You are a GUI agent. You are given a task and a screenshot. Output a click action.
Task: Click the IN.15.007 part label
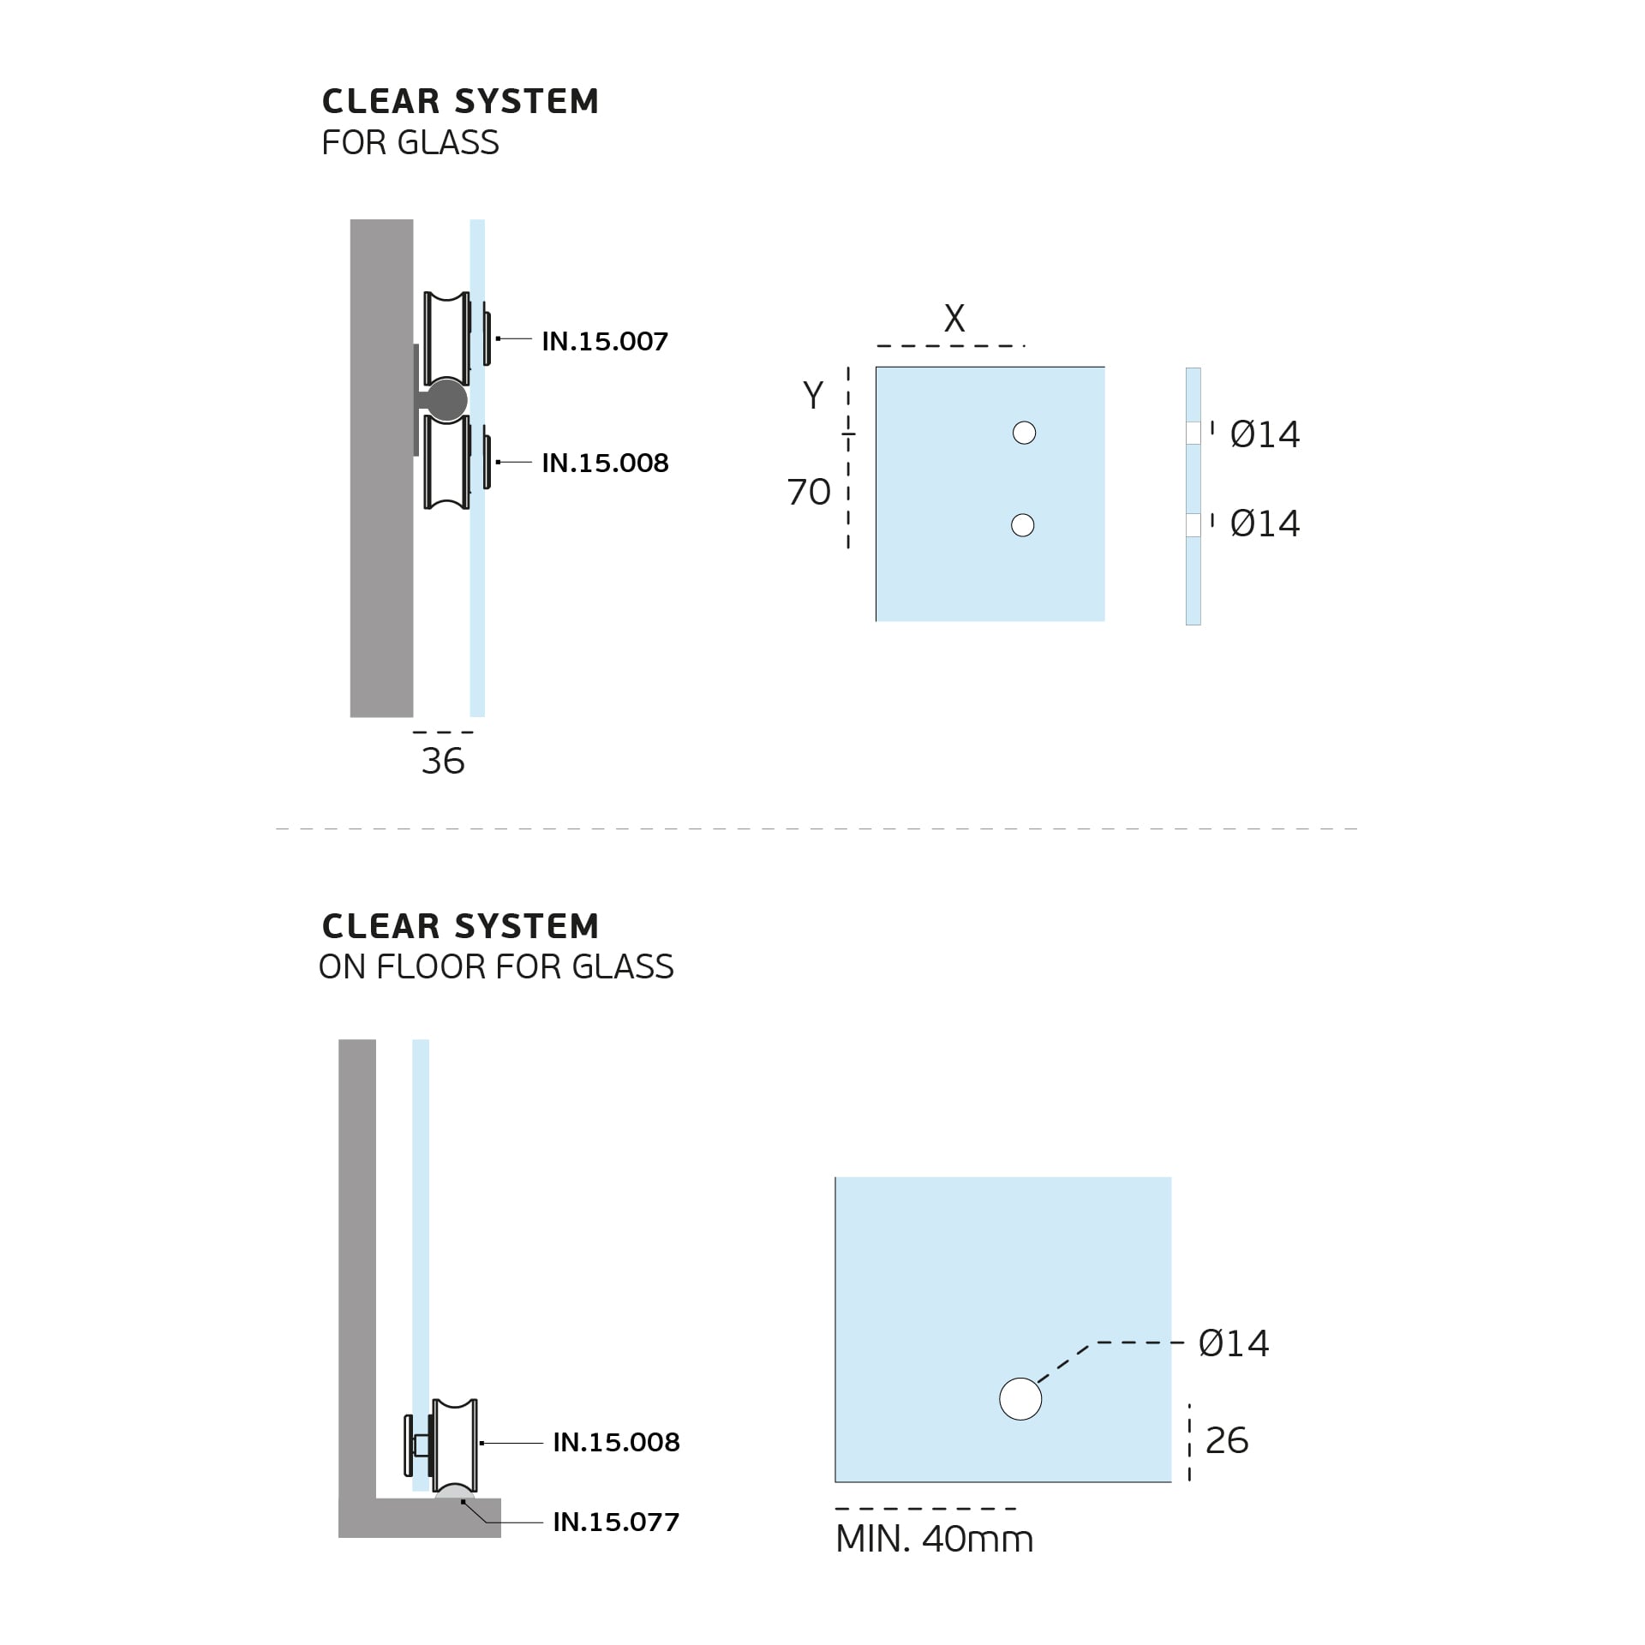(605, 342)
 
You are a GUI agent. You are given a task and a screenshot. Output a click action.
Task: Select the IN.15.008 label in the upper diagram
(605, 464)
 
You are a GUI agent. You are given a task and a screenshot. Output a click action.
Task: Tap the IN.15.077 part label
(616, 1522)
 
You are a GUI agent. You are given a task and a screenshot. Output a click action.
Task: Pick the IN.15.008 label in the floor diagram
(616, 1443)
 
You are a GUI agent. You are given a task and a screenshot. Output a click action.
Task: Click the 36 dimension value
(443, 761)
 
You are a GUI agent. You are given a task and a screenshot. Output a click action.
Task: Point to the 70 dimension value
(809, 492)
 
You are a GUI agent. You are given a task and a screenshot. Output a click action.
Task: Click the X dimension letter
(954, 319)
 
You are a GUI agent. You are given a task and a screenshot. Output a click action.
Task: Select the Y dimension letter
(813, 395)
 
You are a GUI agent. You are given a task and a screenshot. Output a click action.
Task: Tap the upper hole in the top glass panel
(1024, 433)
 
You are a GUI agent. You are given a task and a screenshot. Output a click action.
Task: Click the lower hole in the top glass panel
(1023, 525)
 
